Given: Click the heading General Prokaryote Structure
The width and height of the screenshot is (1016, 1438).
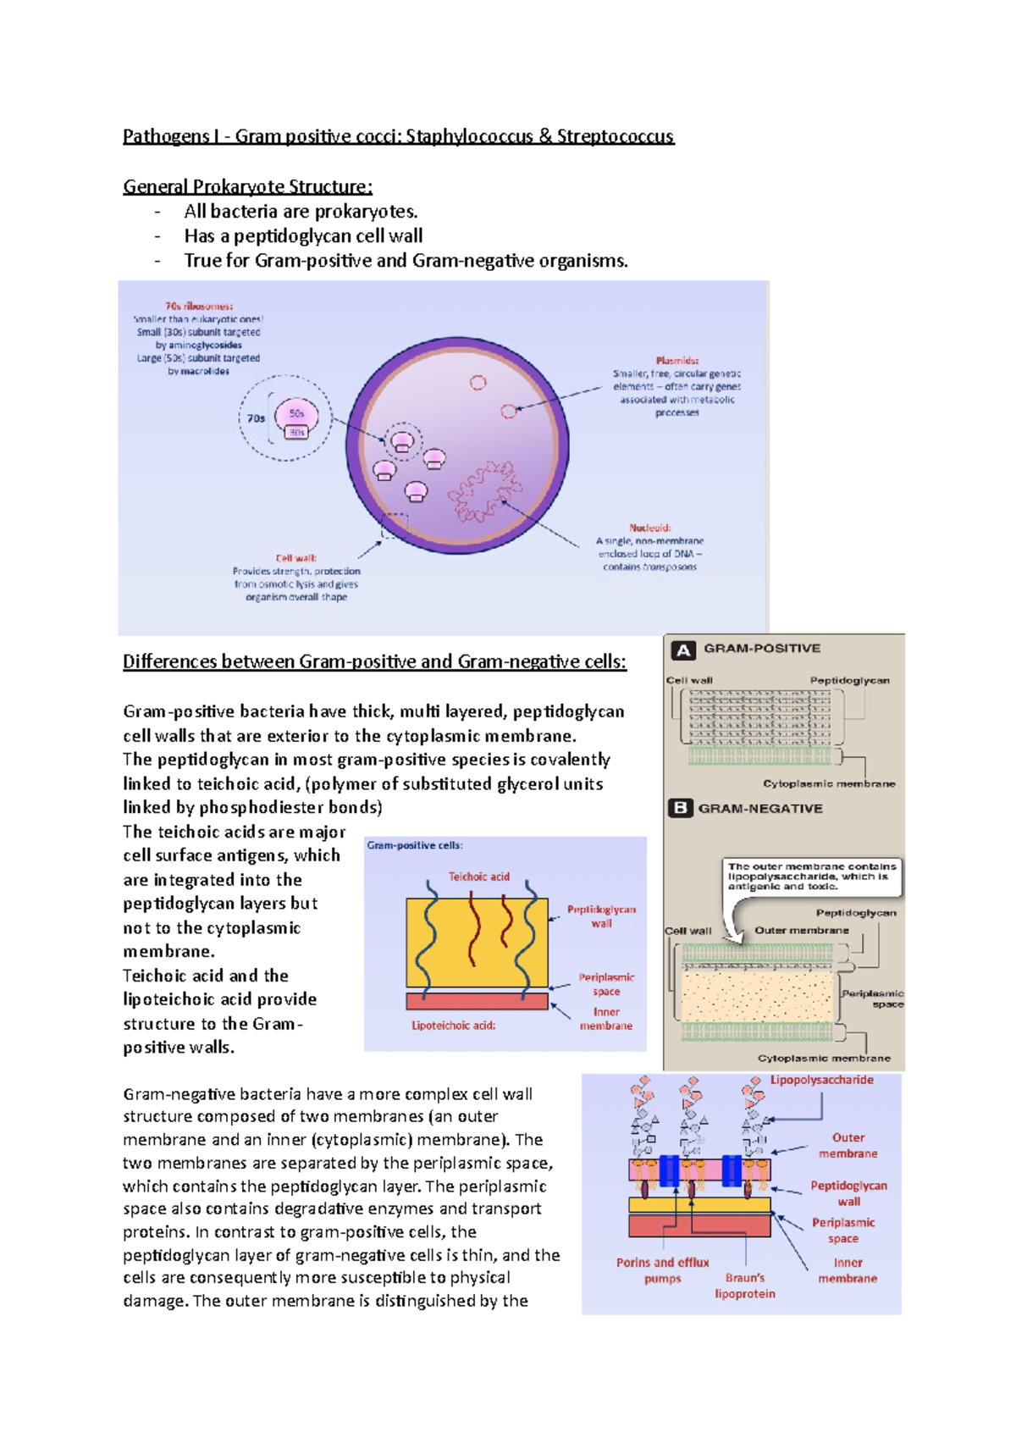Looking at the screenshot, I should tap(247, 186).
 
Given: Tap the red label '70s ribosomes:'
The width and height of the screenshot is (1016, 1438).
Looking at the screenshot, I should tap(199, 306).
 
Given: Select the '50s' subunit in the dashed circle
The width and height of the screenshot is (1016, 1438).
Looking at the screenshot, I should tap(296, 413).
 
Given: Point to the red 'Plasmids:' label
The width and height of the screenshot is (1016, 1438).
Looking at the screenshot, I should tap(677, 360).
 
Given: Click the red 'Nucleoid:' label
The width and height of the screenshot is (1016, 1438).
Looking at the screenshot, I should tap(649, 527).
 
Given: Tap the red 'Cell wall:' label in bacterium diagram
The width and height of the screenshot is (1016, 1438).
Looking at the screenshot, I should tap(295, 558).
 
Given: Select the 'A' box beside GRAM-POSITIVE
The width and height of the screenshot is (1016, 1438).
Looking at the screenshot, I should tap(683, 650).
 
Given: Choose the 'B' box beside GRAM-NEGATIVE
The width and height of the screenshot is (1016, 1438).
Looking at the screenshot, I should tap(680, 808).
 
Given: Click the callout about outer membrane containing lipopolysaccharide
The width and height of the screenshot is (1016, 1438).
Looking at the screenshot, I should tap(811, 877).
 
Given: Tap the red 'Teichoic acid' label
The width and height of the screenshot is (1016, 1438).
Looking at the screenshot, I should tap(478, 877).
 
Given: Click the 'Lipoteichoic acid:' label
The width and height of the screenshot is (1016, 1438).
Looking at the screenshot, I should tap(453, 1026).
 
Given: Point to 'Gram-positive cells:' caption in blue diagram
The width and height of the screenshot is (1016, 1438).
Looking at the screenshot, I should tap(415, 845).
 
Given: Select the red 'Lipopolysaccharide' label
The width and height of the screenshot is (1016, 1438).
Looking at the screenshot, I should tap(821, 1080).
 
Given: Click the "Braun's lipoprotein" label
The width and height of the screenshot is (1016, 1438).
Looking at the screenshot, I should tap(744, 1286).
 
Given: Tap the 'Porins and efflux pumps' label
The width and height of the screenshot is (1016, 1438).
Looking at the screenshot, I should tap(662, 1270).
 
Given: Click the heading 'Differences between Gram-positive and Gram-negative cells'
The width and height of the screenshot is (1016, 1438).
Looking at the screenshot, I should tap(374, 661).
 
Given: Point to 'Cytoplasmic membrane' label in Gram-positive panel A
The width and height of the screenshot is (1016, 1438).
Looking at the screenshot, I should tap(828, 783).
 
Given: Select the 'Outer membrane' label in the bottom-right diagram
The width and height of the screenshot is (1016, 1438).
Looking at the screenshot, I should tap(848, 1145).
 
